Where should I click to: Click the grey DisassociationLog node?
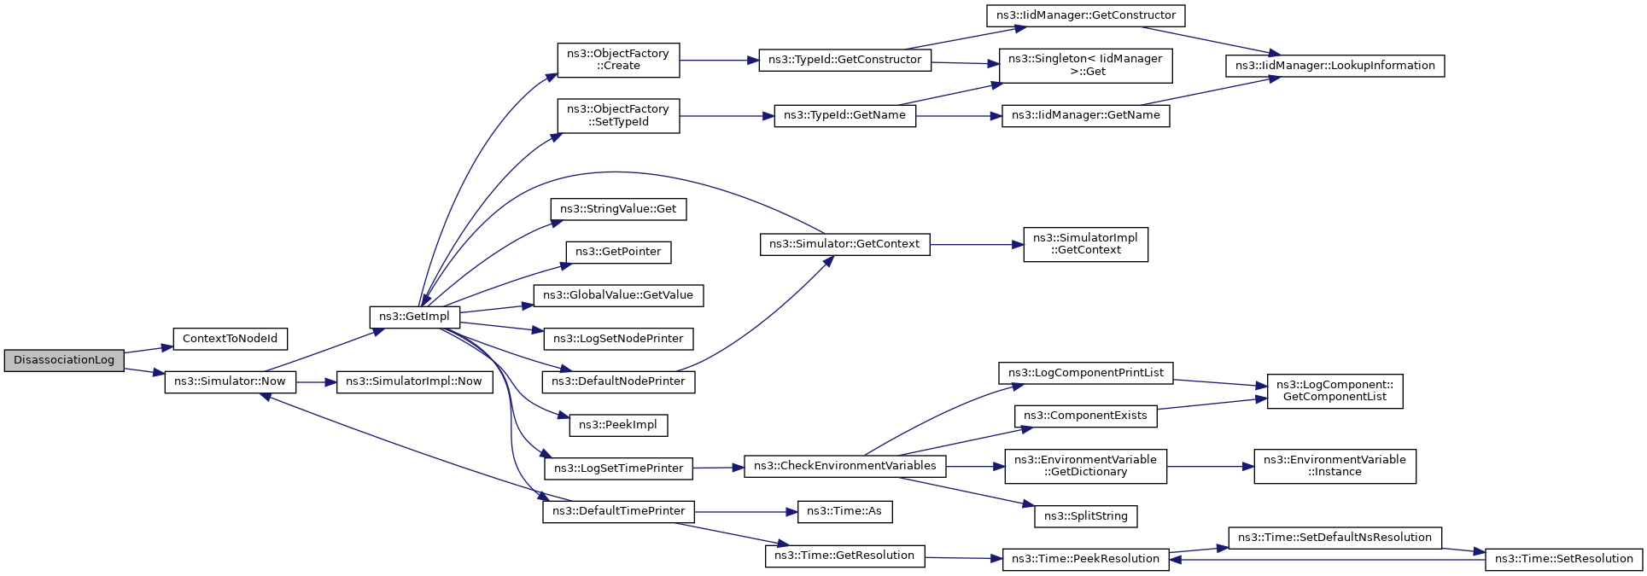[64, 360]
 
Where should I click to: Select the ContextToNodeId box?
[230, 339]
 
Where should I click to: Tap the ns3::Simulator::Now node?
[230, 381]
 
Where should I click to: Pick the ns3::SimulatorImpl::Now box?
[414, 381]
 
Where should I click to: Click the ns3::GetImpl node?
[414, 317]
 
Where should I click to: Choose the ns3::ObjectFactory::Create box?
[618, 60]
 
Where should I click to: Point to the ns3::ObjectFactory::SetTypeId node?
[618, 115]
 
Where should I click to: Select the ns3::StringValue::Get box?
[618, 209]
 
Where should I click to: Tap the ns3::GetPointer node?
[618, 252]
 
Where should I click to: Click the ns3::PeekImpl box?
[618, 425]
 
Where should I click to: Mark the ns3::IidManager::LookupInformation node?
[1335, 66]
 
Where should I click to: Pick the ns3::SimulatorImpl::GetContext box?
[1085, 244]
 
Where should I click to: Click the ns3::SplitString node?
[1085, 516]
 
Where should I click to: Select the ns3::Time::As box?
[844, 511]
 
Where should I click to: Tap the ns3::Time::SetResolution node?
[1563, 559]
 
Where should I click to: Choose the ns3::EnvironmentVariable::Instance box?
[1335, 466]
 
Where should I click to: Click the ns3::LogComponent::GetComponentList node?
[1335, 391]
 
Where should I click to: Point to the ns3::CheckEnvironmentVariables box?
[844, 466]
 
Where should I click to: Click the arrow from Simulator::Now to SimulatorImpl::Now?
[317, 382]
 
